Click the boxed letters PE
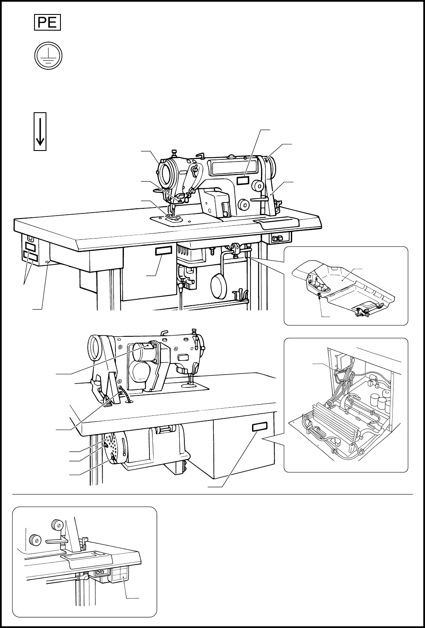(x=47, y=22)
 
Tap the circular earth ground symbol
(x=47, y=57)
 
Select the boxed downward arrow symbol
(x=40, y=131)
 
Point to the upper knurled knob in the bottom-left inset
(x=56, y=524)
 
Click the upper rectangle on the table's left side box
(x=30, y=247)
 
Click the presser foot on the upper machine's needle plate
(x=174, y=218)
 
